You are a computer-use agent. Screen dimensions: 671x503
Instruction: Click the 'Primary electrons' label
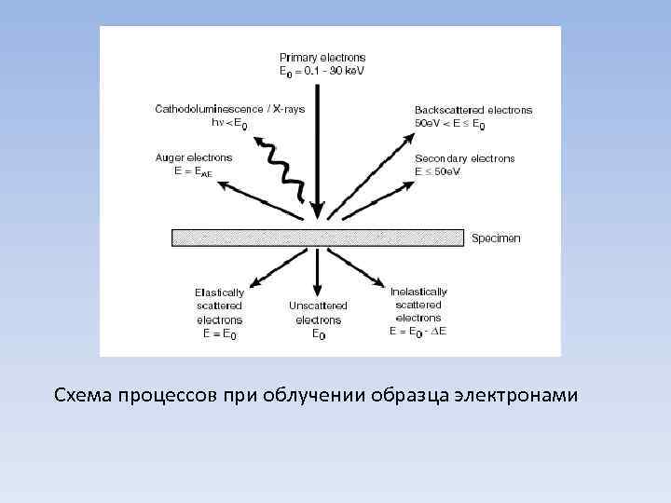tap(322, 58)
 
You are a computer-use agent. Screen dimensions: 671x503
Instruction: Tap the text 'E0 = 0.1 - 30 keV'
tap(322, 71)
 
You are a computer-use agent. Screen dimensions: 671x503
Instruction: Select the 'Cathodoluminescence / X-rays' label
tap(229, 109)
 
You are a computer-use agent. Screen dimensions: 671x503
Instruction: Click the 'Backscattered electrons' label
tap(473, 110)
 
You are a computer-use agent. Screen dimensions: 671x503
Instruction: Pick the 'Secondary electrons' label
tap(464, 158)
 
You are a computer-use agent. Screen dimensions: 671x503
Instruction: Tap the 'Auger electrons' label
tap(193, 158)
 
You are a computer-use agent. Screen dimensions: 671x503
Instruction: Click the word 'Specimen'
tap(496, 238)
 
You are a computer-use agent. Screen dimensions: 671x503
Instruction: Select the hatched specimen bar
tap(318, 238)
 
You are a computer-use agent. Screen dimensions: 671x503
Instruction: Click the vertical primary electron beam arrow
tap(318, 149)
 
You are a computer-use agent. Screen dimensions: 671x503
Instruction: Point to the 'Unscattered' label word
tap(318, 306)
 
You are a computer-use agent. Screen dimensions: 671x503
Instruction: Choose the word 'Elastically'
tap(220, 292)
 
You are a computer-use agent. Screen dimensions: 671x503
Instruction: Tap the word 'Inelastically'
tap(418, 292)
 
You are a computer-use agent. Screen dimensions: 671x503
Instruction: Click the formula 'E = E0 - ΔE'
tap(418, 331)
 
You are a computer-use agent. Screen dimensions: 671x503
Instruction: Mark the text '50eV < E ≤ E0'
tap(450, 124)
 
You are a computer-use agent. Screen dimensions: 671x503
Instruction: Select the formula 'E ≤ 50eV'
tap(438, 172)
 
